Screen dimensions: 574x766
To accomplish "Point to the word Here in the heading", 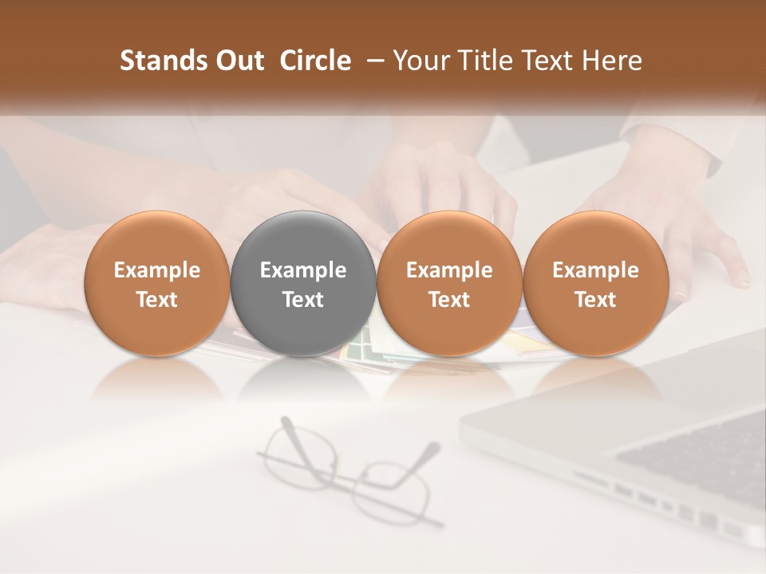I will [613, 61].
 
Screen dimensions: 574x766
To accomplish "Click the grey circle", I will [303, 284].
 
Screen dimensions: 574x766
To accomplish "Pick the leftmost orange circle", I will [156, 284].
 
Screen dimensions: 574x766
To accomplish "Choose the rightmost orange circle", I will [595, 284].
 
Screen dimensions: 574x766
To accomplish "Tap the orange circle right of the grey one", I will [449, 284].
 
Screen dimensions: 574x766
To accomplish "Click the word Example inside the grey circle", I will [303, 270].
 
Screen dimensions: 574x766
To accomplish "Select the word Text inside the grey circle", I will [303, 300].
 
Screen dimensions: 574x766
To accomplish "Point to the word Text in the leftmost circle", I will [156, 300].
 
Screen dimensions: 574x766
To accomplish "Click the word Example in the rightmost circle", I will [595, 270].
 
